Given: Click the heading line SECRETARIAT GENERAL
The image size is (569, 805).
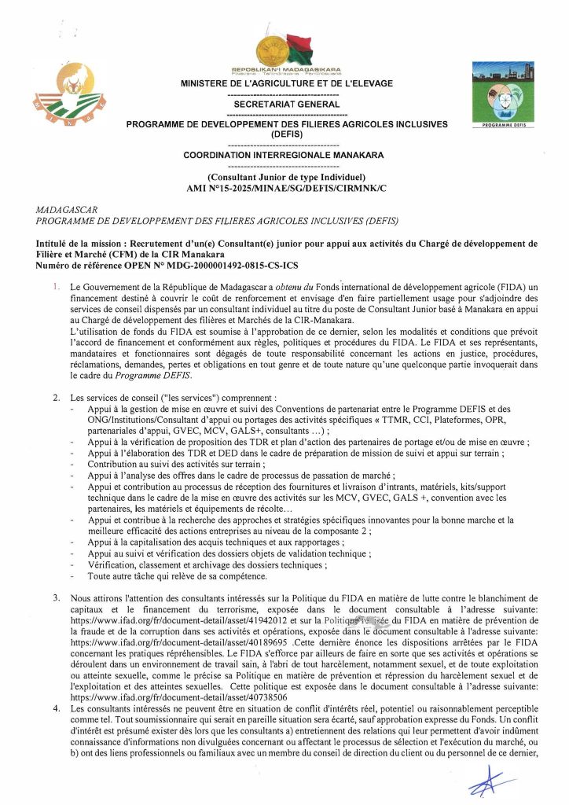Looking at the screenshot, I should pyautogui.click(x=286, y=104).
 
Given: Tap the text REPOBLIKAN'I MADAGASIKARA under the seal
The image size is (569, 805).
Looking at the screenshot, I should pyautogui.click(x=286, y=70).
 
